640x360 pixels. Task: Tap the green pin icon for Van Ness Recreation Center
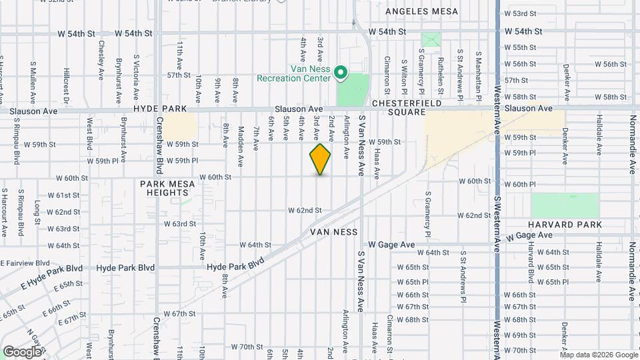pos(340,72)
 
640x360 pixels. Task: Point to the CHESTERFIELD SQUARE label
pos(399,108)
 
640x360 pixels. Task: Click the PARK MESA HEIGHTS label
pos(164,187)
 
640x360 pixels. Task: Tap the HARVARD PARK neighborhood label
pos(565,225)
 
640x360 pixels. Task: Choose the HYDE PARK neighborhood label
pos(153,108)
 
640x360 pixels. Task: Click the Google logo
pos(22,351)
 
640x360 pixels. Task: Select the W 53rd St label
pos(520,13)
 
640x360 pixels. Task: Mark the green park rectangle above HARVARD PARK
pos(565,205)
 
